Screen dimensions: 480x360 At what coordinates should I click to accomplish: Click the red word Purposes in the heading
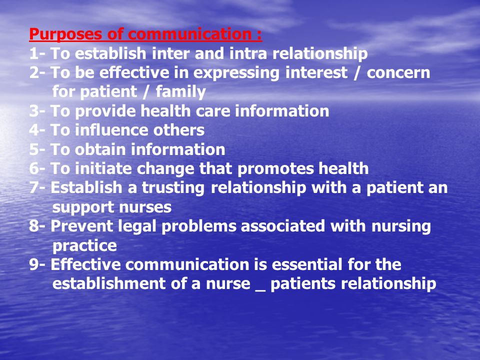coord(65,34)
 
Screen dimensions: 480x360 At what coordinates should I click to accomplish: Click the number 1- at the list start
coord(37,53)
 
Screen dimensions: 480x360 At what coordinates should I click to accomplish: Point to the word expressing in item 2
coord(236,73)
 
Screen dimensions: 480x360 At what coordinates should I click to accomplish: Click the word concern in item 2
coord(398,73)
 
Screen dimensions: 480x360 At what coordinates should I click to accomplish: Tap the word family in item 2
coord(180,92)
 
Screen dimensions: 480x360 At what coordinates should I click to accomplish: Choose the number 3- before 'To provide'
coord(37,111)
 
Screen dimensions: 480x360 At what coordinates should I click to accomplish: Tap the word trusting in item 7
coord(173,188)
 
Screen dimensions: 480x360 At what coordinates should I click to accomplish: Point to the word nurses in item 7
coord(145,207)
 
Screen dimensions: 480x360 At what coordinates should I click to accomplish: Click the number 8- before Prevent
coord(37,226)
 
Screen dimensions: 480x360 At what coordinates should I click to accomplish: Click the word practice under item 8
coord(84,246)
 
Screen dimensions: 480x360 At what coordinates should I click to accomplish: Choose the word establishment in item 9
coord(108,283)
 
